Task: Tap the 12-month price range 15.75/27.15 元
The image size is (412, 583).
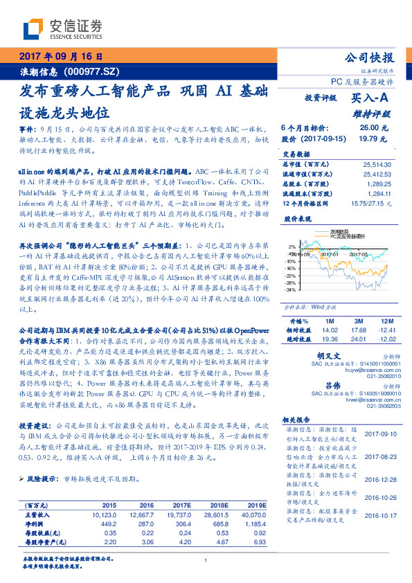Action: [371, 203]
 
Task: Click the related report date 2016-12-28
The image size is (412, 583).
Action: [378, 477]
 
